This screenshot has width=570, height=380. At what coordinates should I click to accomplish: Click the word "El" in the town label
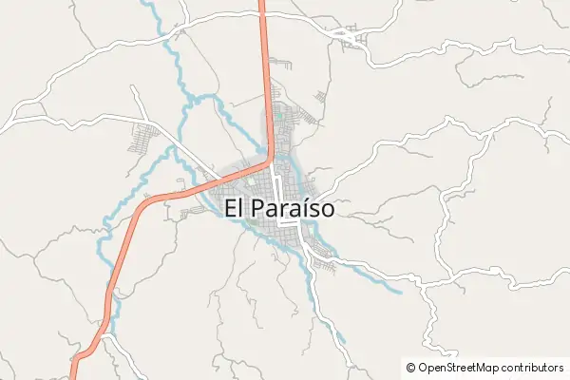click(x=237, y=207)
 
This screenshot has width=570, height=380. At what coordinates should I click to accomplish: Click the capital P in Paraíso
click(x=260, y=207)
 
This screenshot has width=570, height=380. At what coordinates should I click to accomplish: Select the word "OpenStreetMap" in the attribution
click(x=461, y=367)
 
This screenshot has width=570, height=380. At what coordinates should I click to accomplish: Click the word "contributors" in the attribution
click(x=534, y=367)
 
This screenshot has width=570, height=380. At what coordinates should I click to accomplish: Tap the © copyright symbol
click(x=410, y=367)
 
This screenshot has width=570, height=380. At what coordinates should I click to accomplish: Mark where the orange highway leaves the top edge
click(x=262, y=2)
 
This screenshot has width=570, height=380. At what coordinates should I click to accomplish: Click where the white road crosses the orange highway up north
click(x=262, y=14)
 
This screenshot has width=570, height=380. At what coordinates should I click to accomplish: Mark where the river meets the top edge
click(x=143, y=2)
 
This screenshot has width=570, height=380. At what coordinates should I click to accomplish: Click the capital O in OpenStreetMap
click(x=423, y=367)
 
